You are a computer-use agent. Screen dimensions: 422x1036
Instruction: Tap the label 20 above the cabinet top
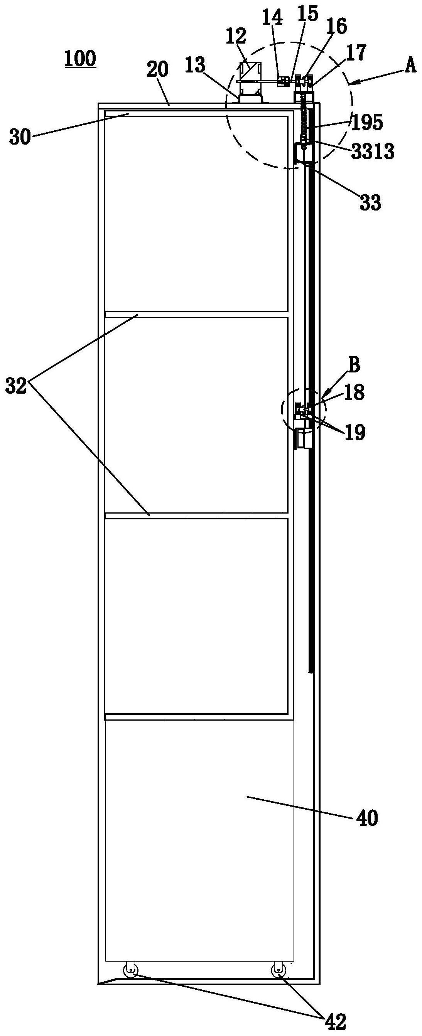click(157, 71)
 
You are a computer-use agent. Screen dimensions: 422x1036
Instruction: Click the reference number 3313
click(372, 152)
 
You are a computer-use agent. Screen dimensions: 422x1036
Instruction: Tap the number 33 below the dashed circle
click(370, 202)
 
